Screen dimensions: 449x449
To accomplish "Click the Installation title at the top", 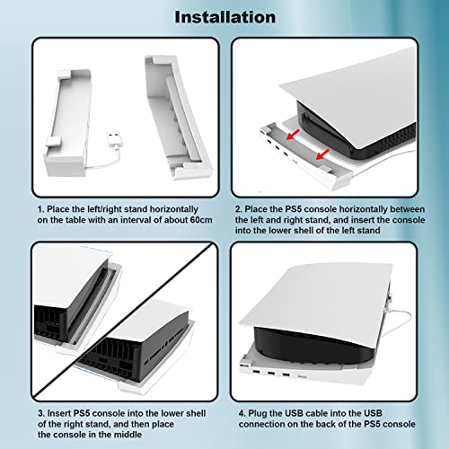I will click(224, 16).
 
